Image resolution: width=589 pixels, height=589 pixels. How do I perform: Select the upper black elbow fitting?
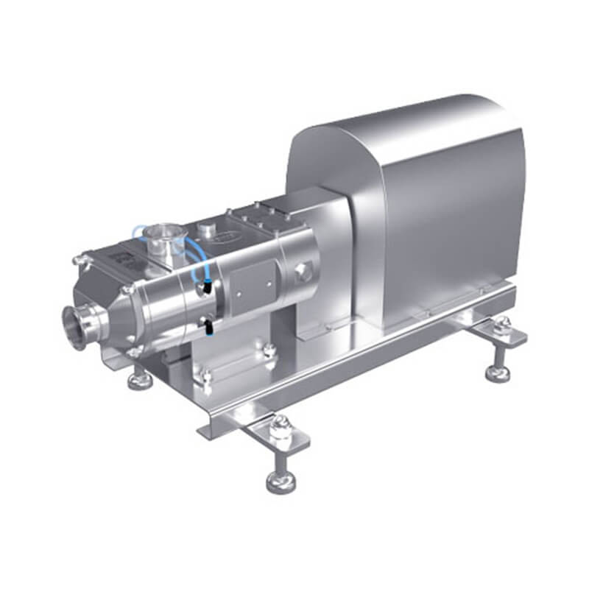click(x=209, y=289)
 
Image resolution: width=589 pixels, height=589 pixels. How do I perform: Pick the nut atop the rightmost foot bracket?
click(x=504, y=322)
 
